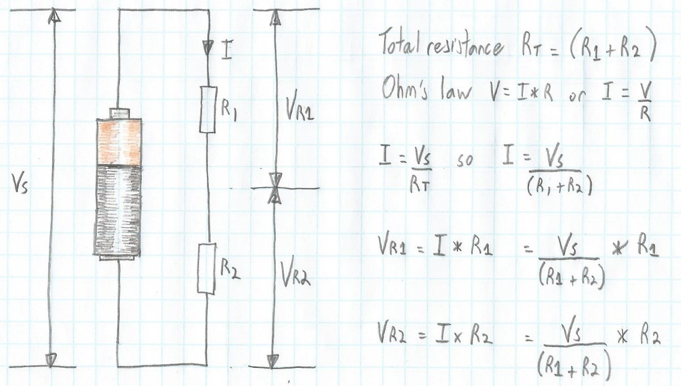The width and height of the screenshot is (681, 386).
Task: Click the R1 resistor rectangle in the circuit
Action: coord(208,110)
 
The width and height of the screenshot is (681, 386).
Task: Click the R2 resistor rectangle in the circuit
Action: coord(207,268)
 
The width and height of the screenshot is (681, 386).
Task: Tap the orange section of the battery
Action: coord(119,142)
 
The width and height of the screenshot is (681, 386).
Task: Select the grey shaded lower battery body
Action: coord(117,211)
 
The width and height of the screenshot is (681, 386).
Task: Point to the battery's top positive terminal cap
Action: coord(120,114)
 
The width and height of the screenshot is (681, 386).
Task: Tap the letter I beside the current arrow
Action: coord(226,49)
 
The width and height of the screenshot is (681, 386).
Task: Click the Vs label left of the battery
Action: coord(20,183)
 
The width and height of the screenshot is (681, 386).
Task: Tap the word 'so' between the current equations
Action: coord(465,161)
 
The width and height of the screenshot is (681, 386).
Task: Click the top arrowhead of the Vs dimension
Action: coord(54,15)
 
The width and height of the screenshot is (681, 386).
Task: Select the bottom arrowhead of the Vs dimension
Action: coord(51,360)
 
